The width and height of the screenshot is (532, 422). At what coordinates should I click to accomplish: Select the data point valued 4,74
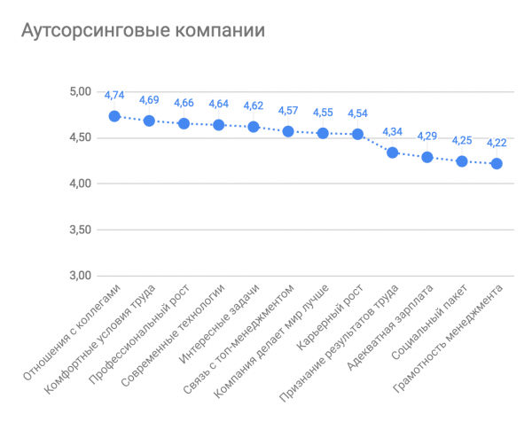[114, 116]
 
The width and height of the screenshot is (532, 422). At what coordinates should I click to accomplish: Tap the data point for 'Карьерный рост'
[357, 134]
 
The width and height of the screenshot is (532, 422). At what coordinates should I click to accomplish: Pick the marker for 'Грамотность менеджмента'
[497, 163]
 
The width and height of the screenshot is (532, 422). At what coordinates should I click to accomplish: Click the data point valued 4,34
[393, 152]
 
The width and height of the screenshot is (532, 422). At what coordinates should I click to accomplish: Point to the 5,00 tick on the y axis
[81, 91]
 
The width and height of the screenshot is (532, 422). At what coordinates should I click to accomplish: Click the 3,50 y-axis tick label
[81, 230]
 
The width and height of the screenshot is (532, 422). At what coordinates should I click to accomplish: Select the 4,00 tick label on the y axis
[81, 184]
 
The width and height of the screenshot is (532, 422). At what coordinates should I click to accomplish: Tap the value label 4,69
[149, 99]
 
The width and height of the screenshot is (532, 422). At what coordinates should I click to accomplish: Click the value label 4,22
[497, 143]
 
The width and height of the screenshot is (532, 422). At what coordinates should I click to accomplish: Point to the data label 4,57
[288, 111]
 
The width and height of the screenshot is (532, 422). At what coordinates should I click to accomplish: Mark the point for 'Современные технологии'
[219, 125]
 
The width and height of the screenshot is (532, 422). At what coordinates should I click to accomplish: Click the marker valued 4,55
[323, 133]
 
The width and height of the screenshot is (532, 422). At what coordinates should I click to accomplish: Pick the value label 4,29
[427, 137]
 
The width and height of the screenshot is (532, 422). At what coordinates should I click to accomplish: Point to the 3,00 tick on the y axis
[81, 276]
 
